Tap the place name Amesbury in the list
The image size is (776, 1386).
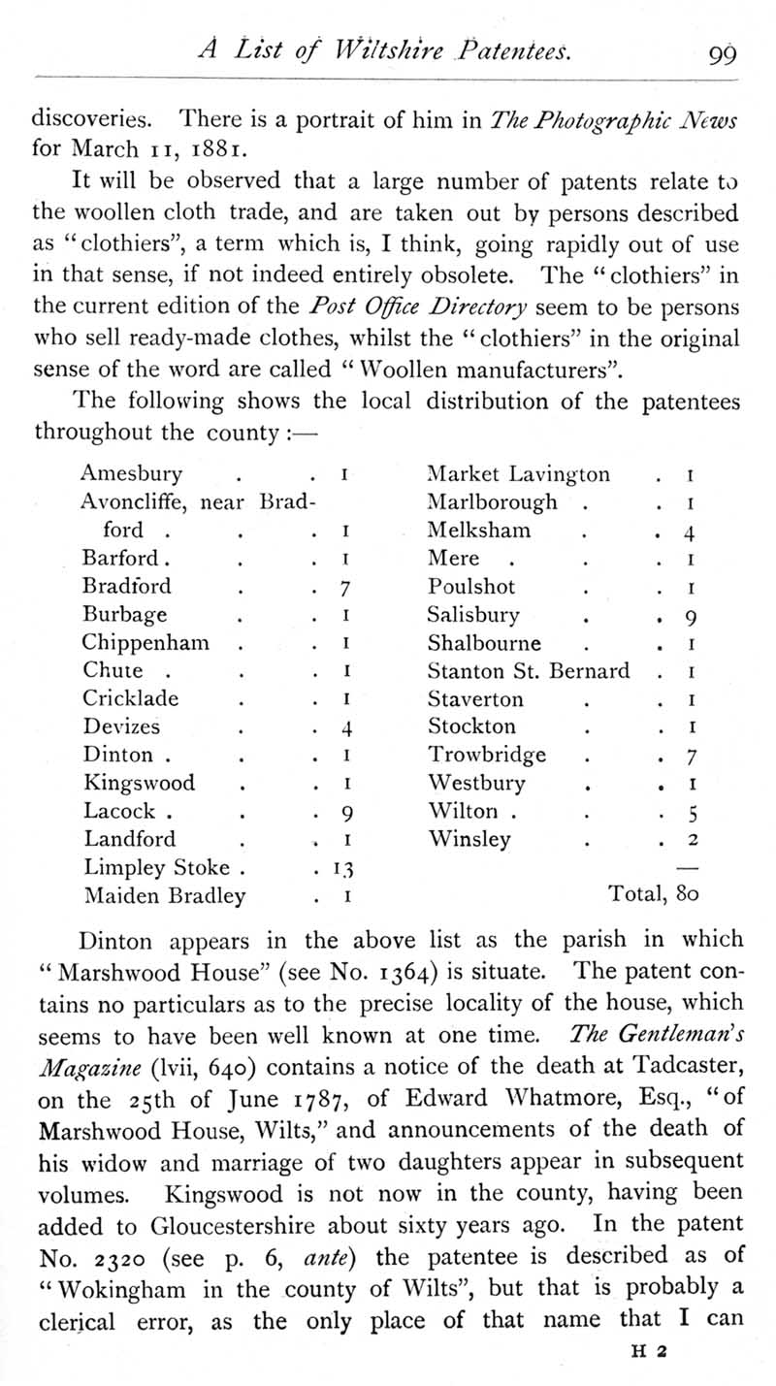point(131,475)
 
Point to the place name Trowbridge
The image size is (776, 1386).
point(487,755)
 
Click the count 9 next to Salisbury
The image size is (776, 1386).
point(687,616)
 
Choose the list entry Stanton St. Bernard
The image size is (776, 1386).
point(529,670)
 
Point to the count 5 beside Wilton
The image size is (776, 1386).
point(687,812)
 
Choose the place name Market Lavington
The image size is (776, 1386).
point(519,474)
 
